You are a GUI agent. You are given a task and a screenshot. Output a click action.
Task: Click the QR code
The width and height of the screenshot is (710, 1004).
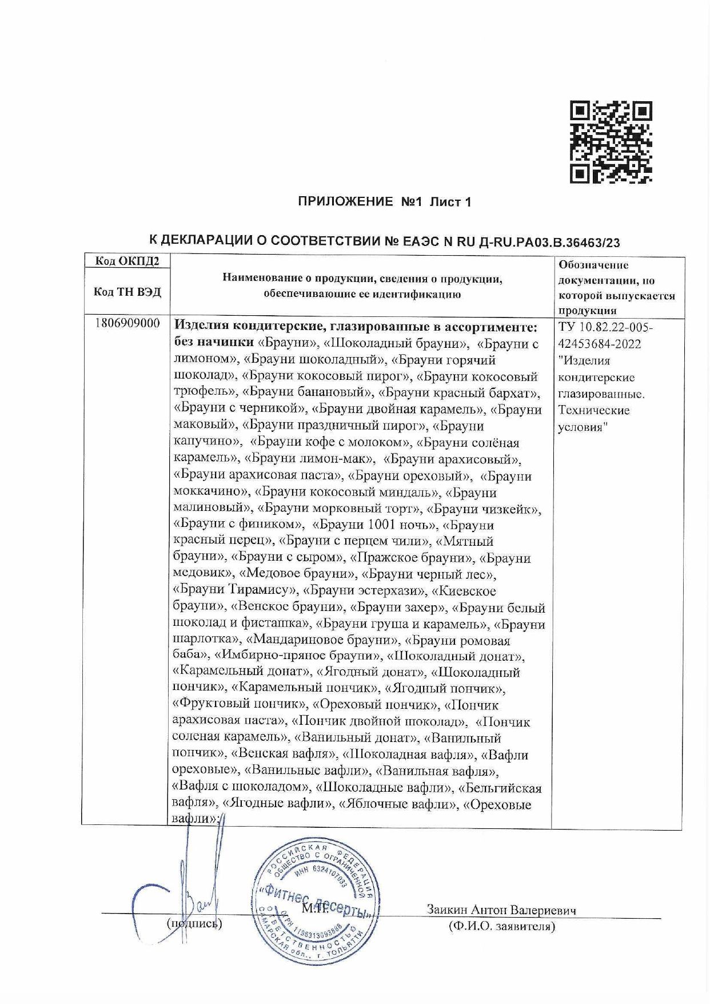611,142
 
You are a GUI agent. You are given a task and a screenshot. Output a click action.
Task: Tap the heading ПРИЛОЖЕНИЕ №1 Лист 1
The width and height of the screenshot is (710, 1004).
384,202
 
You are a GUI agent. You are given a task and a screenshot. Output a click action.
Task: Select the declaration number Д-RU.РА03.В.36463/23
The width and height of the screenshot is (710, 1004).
548,242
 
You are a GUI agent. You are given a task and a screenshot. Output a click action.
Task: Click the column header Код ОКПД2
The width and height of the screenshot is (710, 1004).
127,261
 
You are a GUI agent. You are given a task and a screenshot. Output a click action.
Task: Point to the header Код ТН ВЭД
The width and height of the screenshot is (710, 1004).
127,292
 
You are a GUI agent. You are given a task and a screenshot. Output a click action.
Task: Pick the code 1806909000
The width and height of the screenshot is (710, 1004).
127,324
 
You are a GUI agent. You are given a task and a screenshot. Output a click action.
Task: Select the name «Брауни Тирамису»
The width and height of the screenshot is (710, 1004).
235,590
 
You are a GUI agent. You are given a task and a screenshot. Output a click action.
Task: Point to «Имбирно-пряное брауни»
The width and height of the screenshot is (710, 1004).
298,656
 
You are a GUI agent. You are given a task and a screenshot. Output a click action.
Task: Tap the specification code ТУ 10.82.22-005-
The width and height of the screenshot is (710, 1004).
605,327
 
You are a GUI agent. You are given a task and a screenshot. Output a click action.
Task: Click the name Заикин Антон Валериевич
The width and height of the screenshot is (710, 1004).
501,910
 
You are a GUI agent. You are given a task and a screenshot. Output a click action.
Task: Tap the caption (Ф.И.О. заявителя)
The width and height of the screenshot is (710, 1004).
501,927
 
